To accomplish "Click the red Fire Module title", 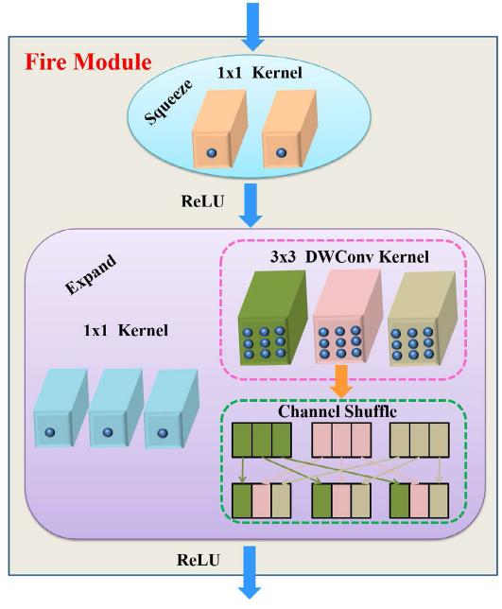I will pos(86,63).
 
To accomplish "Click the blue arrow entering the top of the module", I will pos(251,21).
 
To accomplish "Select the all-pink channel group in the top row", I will pos(343,440).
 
